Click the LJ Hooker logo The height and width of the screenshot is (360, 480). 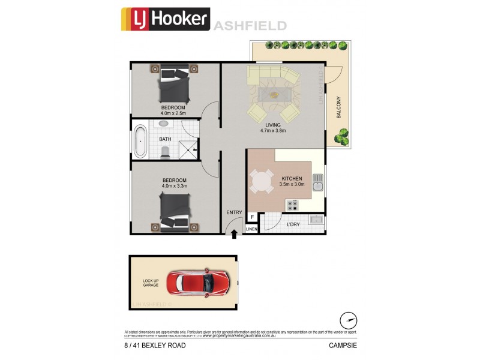tap(165, 19)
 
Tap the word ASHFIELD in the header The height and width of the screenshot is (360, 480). tap(248, 26)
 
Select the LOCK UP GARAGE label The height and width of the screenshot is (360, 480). tap(151, 282)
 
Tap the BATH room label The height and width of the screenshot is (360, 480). tap(165, 139)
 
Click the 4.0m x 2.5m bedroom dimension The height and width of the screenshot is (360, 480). tap(173, 113)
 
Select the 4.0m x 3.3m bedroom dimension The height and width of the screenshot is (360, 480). tap(174, 185)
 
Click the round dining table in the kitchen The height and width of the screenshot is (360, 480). tap(261, 181)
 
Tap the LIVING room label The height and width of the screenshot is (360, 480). tap(274, 125)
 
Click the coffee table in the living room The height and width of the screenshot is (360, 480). tap(274, 95)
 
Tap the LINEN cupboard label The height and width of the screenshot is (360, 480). tap(251, 229)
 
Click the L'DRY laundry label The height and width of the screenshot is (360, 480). tap(293, 224)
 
